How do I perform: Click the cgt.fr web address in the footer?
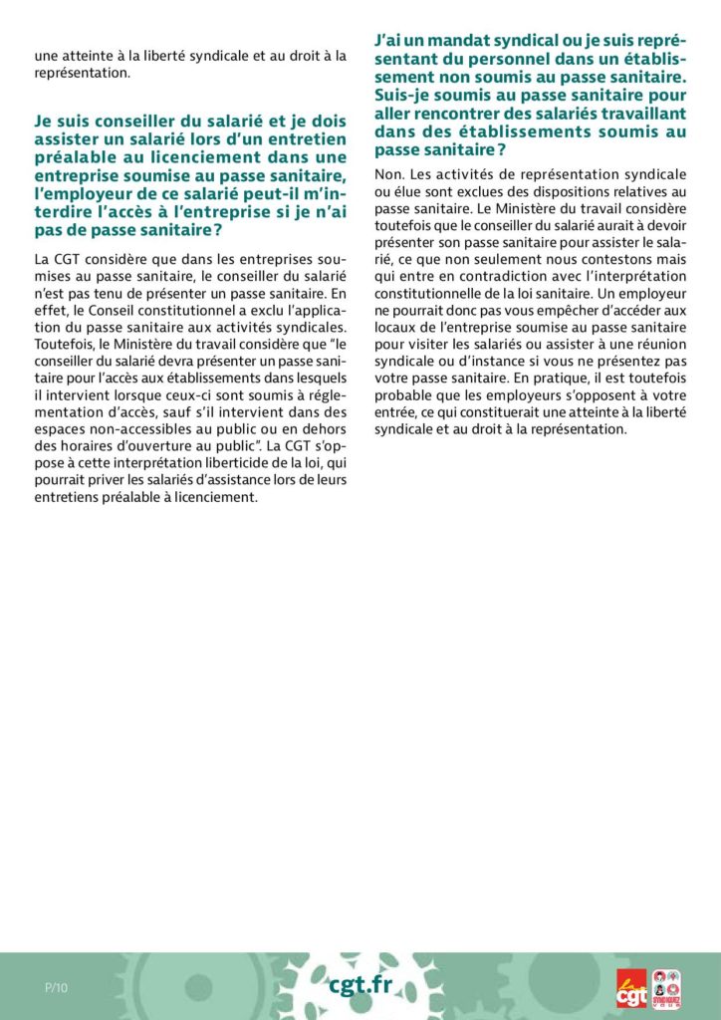click(360, 985)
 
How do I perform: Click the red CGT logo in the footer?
click(630, 987)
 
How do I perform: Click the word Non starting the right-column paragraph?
click(387, 174)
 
